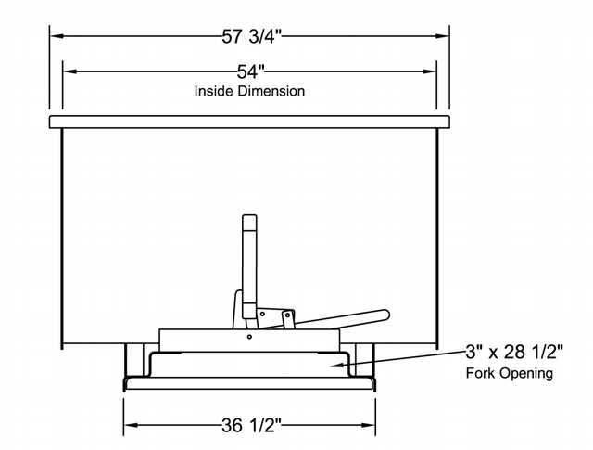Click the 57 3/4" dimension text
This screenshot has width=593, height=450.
[x=249, y=37]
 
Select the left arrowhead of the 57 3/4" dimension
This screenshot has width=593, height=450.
[x=53, y=37]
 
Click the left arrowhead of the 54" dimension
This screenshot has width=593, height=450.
[x=66, y=71]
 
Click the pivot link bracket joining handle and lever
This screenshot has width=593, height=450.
[x=274, y=316]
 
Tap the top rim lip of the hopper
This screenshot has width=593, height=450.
[x=249, y=122]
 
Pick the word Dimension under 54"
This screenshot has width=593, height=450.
[x=272, y=92]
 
